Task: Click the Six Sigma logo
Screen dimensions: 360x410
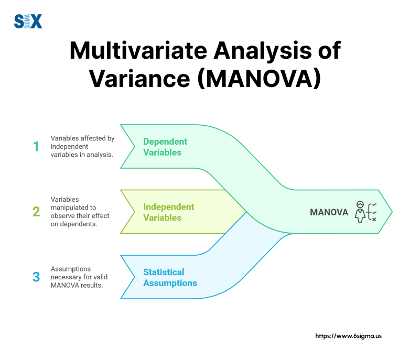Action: point(27,21)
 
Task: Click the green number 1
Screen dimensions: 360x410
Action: point(36,147)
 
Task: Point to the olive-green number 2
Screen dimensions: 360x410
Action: point(36,212)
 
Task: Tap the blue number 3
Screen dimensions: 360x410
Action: point(36,277)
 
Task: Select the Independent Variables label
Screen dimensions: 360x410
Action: point(169,212)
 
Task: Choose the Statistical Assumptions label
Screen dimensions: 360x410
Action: point(170,278)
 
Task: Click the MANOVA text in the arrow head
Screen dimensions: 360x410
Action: point(329,212)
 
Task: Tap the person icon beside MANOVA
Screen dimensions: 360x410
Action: point(360,211)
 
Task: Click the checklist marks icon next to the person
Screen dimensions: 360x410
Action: point(372,211)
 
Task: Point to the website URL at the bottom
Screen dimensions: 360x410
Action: point(348,335)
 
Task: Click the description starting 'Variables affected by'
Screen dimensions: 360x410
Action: point(82,147)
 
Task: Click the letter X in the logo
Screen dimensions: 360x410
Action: point(36,21)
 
